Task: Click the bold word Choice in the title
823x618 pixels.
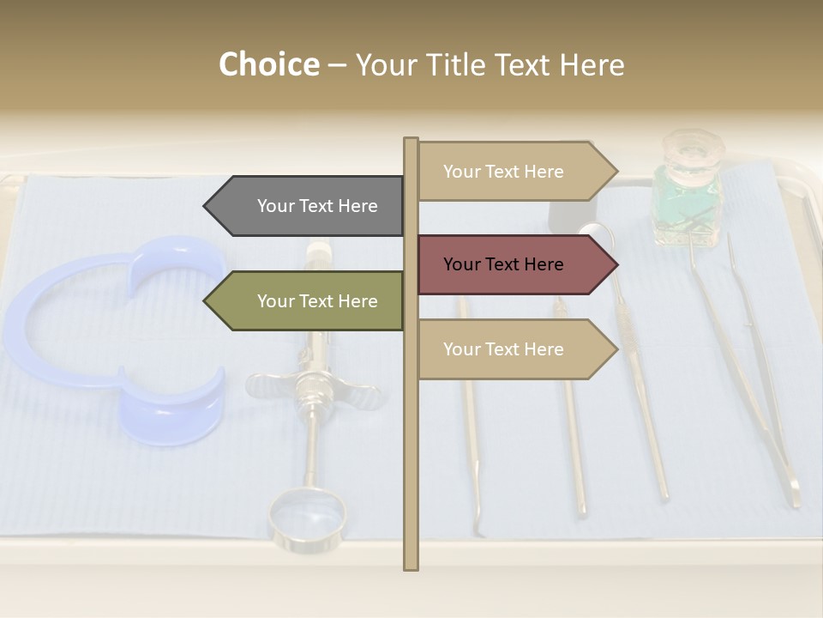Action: (268, 65)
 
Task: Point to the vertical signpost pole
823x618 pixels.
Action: (411, 481)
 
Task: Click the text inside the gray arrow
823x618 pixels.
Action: (317, 206)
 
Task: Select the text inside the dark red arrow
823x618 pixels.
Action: (503, 264)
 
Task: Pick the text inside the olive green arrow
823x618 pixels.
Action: (317, 301)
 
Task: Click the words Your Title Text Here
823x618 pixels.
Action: (490, 65)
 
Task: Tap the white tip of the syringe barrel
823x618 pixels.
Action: (319, 251)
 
